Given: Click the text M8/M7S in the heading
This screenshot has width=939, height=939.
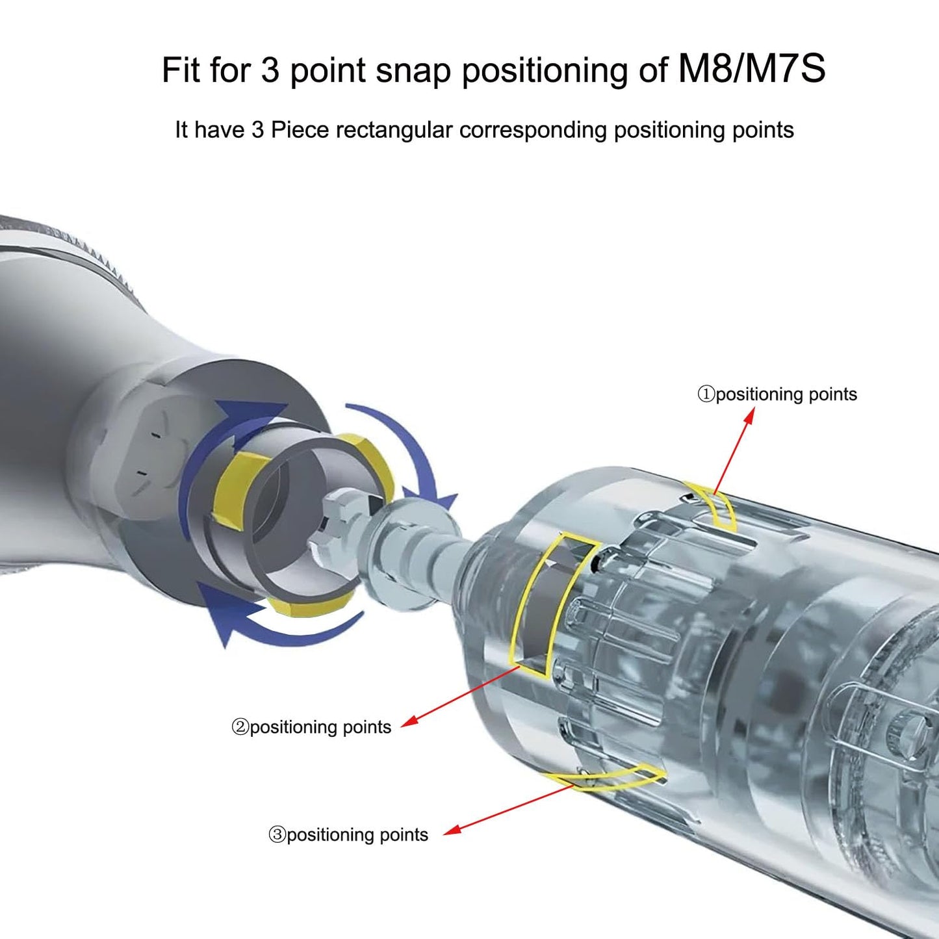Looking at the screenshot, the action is pyautogui.click(x=751, y=69).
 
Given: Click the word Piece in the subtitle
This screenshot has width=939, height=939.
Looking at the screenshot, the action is pyautogui.click(x=299, y=130).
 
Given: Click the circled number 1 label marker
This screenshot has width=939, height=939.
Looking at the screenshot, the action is pyautogui.click(x=706, y=394).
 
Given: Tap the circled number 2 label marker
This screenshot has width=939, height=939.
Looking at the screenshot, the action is pyautogui.click(x=240, y=728).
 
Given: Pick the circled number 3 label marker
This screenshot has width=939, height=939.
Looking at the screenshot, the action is pyautogui.click(x=277, y=835).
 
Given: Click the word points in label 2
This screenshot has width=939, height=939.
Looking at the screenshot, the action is pyautogui.click(x=367, y=728).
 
